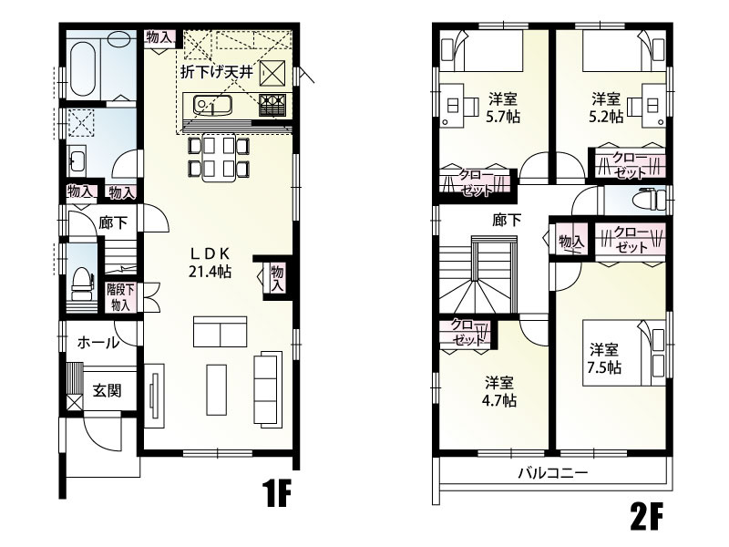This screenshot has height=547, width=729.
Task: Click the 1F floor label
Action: [x=277, y=493]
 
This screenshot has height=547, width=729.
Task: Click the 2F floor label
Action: [x=646, y=516]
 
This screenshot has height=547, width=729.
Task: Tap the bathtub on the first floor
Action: [x=83, y=67]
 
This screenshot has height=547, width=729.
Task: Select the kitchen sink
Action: [x=212, y=105]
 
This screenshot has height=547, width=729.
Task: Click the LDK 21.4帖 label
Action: [x=210, y=263]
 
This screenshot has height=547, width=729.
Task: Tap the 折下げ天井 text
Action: [x=217, y=73]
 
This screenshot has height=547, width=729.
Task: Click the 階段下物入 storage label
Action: [x=120, y=298]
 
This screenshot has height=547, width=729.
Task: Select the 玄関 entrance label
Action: [x=107, y=390]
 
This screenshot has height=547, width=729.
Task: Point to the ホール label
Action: [x=98, y=344]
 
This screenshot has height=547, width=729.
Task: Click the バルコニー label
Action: [x=553, y=473]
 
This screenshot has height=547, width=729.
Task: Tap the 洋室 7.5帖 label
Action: [x=604, y=358]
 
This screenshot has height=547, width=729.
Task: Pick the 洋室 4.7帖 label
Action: [x=499, y=392]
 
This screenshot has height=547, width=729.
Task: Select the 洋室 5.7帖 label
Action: [x=503, y=108]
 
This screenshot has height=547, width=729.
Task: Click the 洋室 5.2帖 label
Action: [x=606, y=108]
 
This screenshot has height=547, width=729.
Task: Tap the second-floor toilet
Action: [x=651, y=200]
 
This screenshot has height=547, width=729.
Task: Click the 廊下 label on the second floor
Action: [x=507, y=220]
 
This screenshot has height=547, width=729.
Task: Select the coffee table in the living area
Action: [x=217, y=390]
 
